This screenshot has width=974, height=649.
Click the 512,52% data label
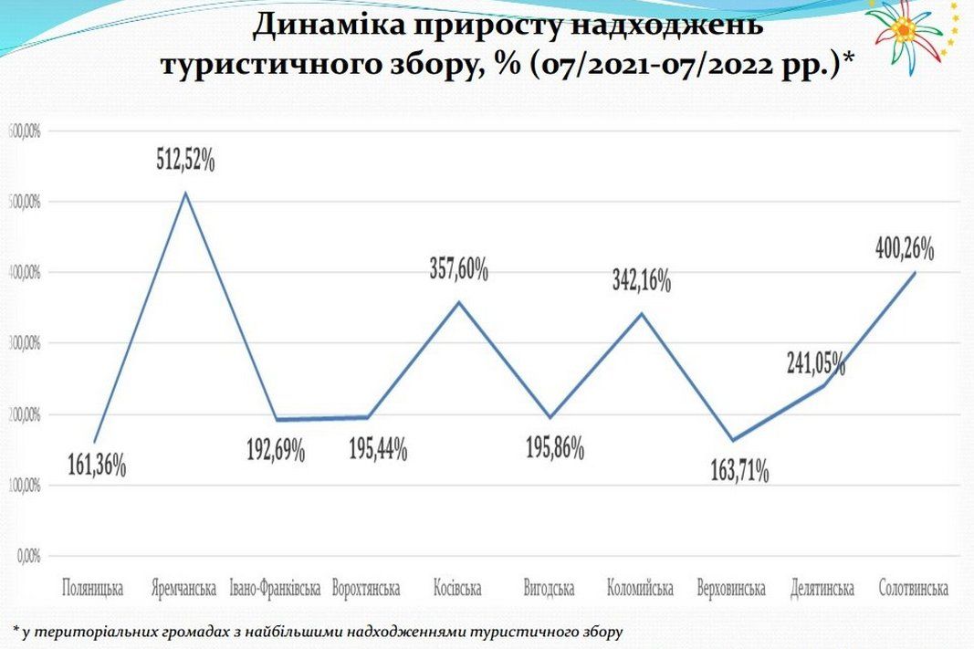(x=184, y=162)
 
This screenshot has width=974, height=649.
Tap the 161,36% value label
(x=97, y=466)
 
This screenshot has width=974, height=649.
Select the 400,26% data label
(x=904, y=248)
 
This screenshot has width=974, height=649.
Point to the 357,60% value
(x=459, y=269)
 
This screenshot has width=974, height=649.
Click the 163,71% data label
(x=739, y=472)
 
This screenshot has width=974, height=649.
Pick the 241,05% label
(x=816, y=363)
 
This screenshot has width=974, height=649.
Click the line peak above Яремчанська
(x=185, y=193)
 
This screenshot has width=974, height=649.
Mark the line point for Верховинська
(x=730, y=440)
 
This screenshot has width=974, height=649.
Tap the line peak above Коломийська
(x=641, y=313)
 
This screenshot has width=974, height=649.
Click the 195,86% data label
(x=554, y=449)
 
